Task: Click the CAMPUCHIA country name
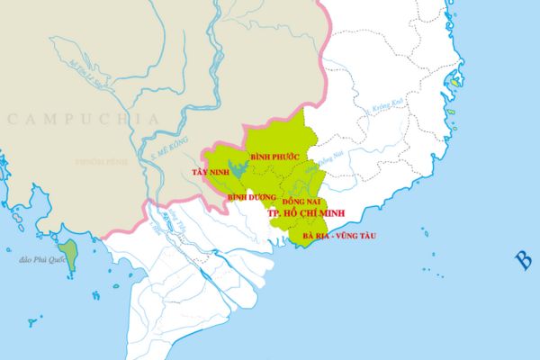(82, 119)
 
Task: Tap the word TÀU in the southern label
(364, 236)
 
